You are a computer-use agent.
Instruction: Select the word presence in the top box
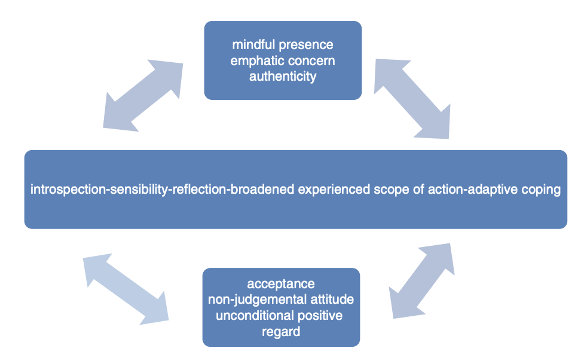[x=306, y=45]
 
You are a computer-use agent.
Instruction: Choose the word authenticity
[x=283, y=77]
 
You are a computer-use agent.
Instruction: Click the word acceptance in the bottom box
[x=281, y=284]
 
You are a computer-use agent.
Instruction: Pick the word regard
[x=281, y=332]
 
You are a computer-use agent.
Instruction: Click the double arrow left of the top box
[x=143, y=96]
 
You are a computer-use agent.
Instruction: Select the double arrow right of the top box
[x=412, y=99]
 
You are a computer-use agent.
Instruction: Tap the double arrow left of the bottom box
[x=126, y=289]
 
